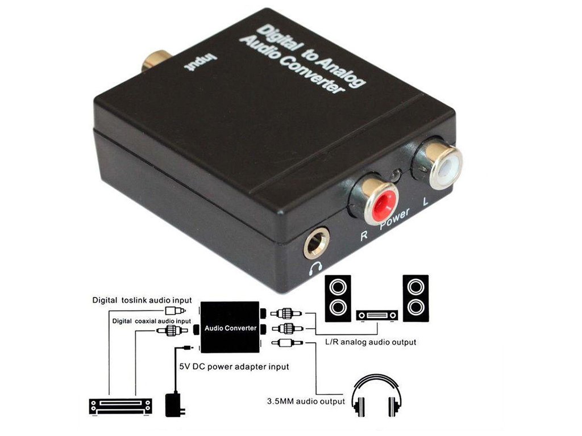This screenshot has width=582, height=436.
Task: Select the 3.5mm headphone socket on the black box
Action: [x=318, y=244]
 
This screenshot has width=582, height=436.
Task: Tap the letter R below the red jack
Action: [x=364, y=234]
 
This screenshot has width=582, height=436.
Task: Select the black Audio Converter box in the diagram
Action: [x=230, y=327]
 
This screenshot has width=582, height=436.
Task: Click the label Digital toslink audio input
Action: [x=142, y=300]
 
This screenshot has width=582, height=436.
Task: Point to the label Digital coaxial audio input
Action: [x=151, y=321]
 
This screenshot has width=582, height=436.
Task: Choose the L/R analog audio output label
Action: [x=370, y=342]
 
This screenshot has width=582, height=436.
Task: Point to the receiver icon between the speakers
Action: [x=376, y=316]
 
